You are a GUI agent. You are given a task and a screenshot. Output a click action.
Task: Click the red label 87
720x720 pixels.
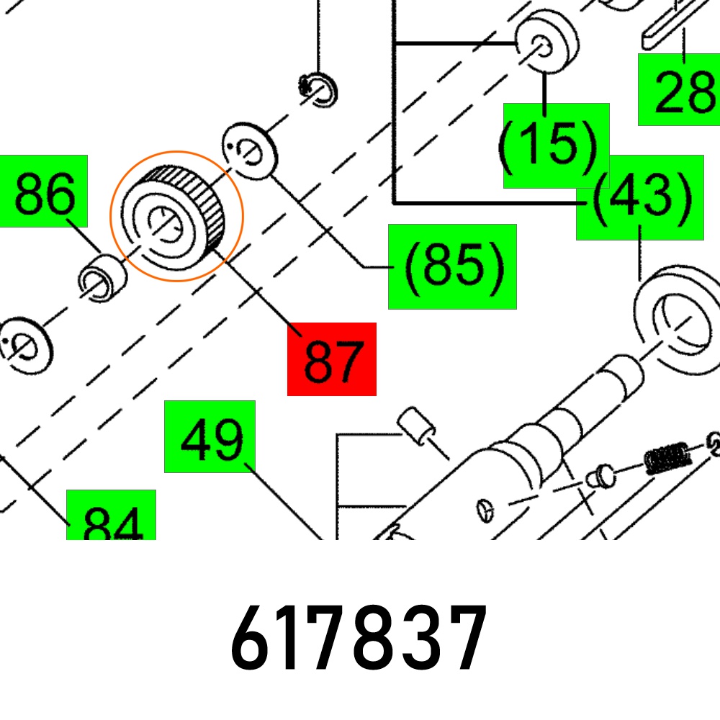coord(331,359)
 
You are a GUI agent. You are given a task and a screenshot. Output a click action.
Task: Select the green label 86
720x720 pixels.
coord(43,191)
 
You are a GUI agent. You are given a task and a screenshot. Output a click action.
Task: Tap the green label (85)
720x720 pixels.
coord(452,267)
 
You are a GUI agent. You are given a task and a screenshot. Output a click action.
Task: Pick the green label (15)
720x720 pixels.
coord(556,145)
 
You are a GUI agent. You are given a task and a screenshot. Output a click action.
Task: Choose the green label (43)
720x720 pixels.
coord(640,197)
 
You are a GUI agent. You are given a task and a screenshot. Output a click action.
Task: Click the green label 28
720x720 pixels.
coord(680,89)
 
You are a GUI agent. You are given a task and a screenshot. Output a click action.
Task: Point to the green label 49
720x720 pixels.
coord(210,437)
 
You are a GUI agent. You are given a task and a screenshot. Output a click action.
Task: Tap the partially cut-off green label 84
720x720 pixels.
coord(111,516)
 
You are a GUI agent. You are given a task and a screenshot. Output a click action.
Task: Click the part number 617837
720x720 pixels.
coord(359,638)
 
